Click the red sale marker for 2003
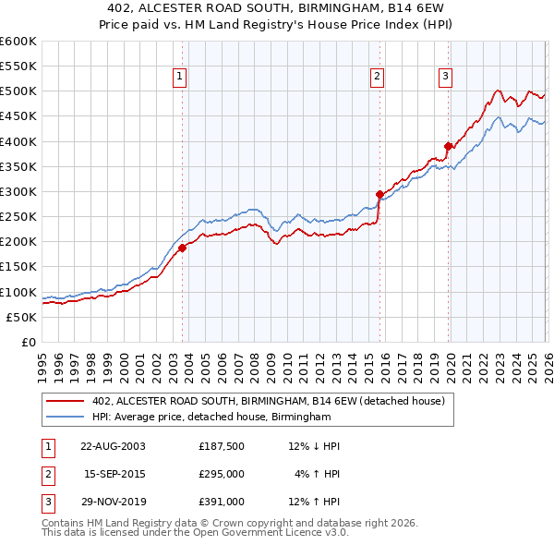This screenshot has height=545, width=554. coord(182,248)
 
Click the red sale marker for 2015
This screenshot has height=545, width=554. coord(379,194)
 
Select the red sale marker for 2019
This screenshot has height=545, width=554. coord(449,146)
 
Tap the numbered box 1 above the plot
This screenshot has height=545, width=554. coord(179,77)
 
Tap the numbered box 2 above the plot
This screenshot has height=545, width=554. coord(378,77)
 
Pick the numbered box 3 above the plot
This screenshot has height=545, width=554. coord(445,77)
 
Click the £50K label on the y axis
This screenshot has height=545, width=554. coord(21,317)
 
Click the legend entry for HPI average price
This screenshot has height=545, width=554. coord(211,418)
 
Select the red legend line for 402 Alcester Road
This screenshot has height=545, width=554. coord(65,402)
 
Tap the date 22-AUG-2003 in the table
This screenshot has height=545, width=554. coord(113,446)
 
